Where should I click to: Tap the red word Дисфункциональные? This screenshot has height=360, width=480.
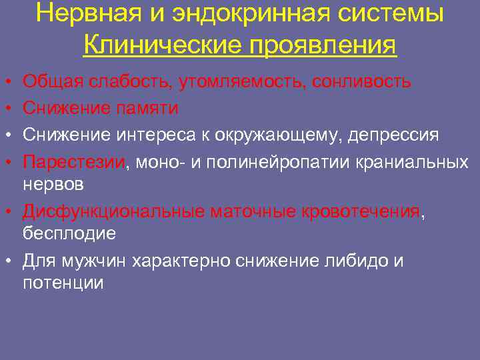pyautogui.click(x=113, y=212)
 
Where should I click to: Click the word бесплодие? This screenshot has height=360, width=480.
pyautogui.click(x=69, y=233)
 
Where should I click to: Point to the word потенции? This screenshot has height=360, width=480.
pyautogui.click(x=63, y=282)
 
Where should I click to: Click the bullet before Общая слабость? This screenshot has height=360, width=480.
pyautogui.click(x=7, y=83)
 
